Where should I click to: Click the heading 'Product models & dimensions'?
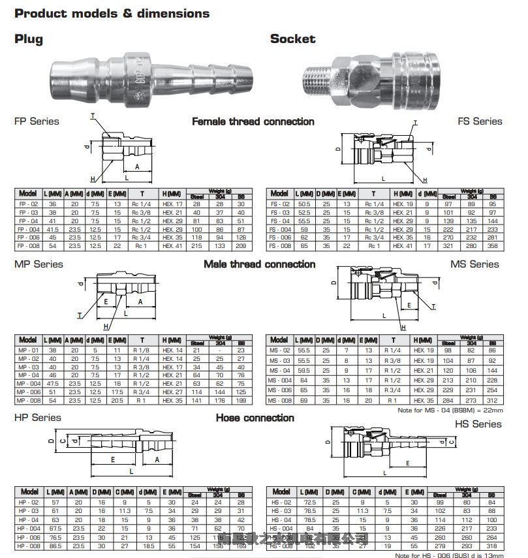[112, 13]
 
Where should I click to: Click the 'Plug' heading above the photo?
[29, 39]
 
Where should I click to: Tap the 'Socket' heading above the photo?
[292, 39]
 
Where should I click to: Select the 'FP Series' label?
[37, 121]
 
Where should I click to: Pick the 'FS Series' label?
[480, 121]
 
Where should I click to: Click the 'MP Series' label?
[39, 264]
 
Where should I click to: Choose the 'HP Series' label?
[38, 418]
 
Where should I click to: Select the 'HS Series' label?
[478, 424]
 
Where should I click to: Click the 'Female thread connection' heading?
[253, 122]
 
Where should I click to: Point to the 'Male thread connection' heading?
[259, 264]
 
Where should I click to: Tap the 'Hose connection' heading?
[255, 418]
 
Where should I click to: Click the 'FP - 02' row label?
[28, 204]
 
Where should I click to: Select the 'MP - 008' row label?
[28, 399]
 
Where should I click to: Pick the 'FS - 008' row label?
[280, 246]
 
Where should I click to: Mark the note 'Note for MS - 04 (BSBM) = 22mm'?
[450, 411]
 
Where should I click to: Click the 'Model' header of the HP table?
[29, 491]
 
